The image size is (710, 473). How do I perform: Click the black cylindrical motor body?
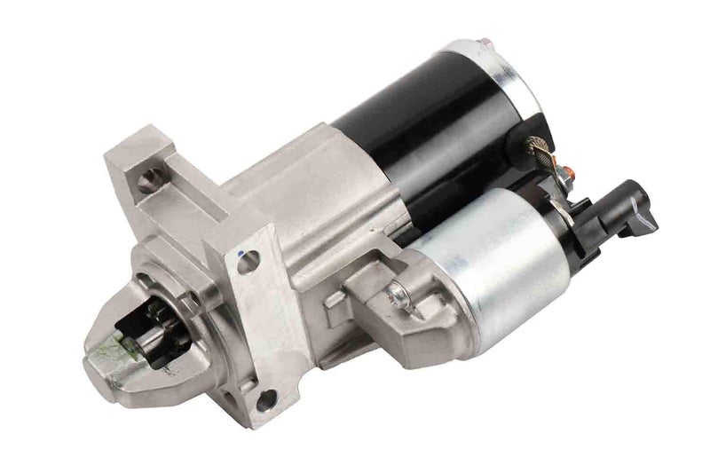417,124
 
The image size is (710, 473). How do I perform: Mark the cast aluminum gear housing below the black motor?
311,204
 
